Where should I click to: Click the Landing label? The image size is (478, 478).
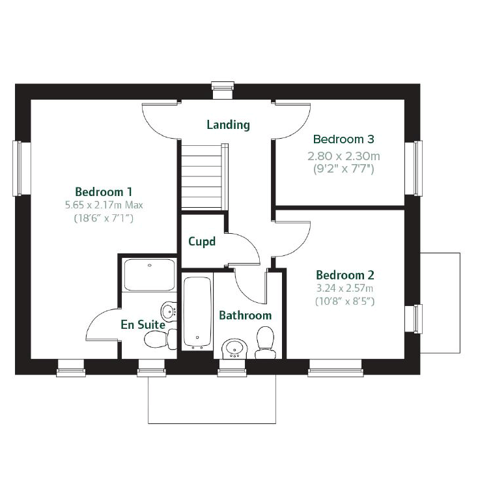[228, 124]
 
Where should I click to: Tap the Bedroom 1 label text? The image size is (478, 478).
[104, 191]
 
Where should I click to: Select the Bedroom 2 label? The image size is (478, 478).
[344, 275]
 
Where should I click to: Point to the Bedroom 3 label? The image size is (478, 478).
[343, 139]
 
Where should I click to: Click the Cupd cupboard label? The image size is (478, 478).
[201, 242]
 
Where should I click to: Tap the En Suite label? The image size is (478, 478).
[143, 324]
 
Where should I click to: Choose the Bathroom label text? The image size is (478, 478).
[245, 315]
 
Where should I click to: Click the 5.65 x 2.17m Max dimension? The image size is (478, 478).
[104, 205]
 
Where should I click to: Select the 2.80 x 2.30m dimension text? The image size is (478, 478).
[343, 156]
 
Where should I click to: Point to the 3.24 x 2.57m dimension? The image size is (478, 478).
[344, 288]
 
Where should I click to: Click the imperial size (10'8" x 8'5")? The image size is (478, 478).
[344, 301]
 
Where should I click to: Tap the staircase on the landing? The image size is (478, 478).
[204, 176]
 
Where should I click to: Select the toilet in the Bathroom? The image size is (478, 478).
[265, 343]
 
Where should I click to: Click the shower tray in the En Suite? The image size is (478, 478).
[149, 275]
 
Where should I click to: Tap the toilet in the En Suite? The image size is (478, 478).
[159, 339]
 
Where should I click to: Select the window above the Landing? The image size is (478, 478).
[222, 89]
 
